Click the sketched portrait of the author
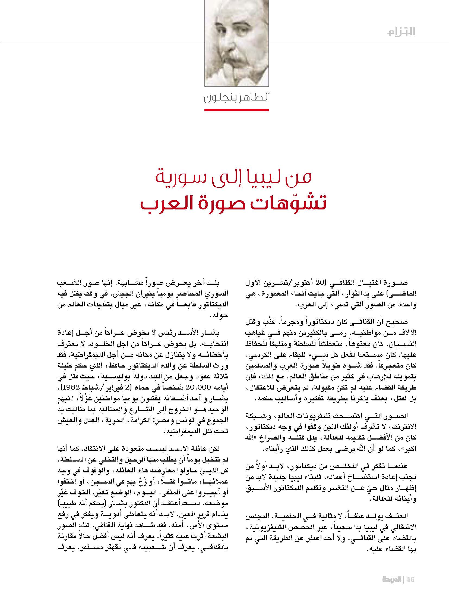(236, 43)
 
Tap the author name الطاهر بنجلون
(236, 98)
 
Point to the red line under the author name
(236, 110)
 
